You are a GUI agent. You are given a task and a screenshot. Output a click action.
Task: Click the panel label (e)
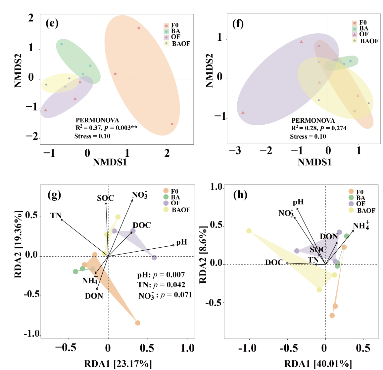[52, 23]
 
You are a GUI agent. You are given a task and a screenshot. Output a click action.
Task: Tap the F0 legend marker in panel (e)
[167, 25]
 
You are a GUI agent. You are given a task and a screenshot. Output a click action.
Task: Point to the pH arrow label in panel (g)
[181, 242]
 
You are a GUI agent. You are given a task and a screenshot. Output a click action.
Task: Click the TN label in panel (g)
[56, 216]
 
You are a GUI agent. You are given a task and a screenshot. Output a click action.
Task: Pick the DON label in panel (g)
[94, 296]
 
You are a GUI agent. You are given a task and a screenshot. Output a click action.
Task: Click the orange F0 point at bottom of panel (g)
[138, 323]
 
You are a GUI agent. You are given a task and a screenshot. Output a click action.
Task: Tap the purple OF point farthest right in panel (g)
[154, 258]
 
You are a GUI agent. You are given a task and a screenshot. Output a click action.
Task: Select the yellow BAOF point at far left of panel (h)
[249, 231]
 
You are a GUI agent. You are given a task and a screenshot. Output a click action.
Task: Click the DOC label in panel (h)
[274, 263]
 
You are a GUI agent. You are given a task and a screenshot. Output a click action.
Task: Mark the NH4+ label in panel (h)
[361, 226]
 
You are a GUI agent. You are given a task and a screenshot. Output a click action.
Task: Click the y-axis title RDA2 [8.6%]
[203, 255]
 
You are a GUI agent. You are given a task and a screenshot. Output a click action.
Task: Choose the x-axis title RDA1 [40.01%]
[318, 364]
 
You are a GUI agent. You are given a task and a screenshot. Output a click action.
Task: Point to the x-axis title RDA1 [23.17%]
[118, 364]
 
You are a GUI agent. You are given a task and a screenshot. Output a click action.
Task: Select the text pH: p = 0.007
[161, 275]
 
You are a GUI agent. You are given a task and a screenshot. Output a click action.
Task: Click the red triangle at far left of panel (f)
[243, 112]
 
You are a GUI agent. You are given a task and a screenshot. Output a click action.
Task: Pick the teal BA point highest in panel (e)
[62, 44]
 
